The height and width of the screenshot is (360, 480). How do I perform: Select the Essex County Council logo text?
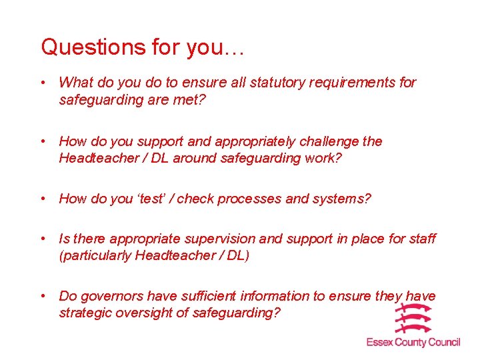coord(413,342)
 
